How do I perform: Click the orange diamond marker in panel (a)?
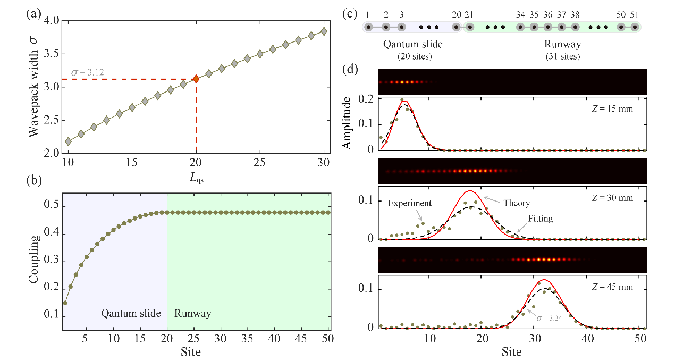point(196,79)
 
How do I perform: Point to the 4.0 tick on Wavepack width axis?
point(53,21)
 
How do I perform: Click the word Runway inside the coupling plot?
point(192,313)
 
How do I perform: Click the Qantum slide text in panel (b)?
point(131,313)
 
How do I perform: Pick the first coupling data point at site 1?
point(65,303)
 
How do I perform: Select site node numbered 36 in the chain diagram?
point(548,27)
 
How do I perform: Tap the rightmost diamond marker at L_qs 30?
point(324,31)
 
